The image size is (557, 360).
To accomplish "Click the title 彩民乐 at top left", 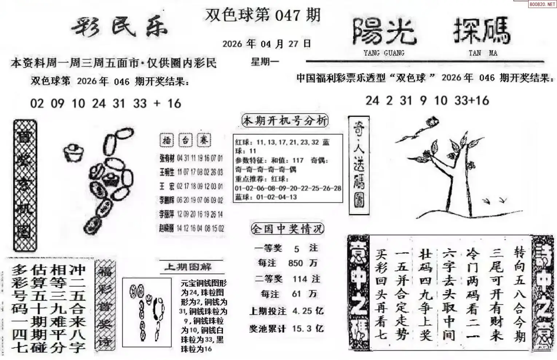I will (x=119, y=27).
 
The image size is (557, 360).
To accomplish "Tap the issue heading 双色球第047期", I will (x=262, y=15).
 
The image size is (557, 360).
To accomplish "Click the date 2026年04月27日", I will (x=266, y=44).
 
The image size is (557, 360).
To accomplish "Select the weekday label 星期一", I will (x=265, y=62).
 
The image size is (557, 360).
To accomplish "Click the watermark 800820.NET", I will (x=542, y=4).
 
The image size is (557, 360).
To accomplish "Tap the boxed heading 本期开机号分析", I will (x=285, y=121).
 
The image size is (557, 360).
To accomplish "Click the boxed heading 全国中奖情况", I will (x=287, y=229).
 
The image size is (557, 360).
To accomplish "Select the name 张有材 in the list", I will (x=167, y=158).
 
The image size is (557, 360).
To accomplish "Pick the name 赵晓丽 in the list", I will (x=167, y=228).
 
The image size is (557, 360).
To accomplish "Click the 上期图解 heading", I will (x=188, y=267).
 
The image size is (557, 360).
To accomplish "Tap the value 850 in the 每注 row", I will (x=295, y=263).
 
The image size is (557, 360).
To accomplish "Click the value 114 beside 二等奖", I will (x=300, y=279).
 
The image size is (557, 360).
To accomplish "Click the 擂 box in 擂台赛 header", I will (x=166, y=140).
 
